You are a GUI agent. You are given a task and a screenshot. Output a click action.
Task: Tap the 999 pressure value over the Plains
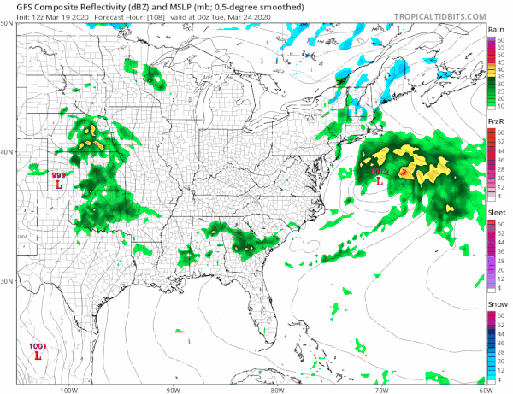coord(59,174)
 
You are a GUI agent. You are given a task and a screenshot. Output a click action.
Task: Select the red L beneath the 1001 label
coord(38,354)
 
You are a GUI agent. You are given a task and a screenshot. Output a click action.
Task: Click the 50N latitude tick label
coord(7,23)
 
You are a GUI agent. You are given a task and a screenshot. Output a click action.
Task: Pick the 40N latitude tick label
coord(7,152)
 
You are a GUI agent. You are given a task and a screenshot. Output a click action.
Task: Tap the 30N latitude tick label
coord(7,281)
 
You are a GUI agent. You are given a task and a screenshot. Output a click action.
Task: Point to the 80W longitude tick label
coord(276,389)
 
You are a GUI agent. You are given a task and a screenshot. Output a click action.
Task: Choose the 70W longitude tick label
coord(380,389)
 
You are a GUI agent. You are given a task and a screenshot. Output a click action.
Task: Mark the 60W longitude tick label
coord(484,389)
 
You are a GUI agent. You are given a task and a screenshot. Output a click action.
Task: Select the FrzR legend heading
coord(495,124)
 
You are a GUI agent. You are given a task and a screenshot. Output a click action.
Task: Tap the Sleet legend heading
coord(496,214)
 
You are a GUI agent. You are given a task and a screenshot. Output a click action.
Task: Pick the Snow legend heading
coord(496,305)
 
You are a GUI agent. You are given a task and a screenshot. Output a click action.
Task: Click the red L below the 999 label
coord(59,184)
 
